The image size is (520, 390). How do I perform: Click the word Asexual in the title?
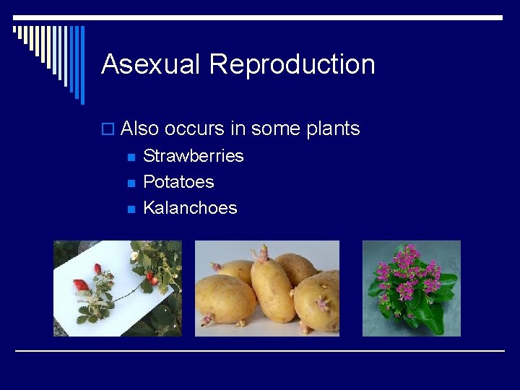[151, 64]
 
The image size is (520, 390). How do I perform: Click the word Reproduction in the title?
[292, 65]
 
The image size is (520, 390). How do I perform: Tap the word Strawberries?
[194, 156]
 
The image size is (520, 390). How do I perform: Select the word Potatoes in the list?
[178, 182]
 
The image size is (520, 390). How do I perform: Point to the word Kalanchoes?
[190, 208]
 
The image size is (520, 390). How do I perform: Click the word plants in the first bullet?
[333, 129]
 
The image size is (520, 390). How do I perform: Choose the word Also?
[140, 129]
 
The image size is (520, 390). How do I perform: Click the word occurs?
[194, 129]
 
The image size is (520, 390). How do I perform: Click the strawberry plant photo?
[118, 288]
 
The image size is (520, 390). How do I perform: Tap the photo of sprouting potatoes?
[267, 288]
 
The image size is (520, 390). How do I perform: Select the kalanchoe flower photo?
[411, 288]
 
